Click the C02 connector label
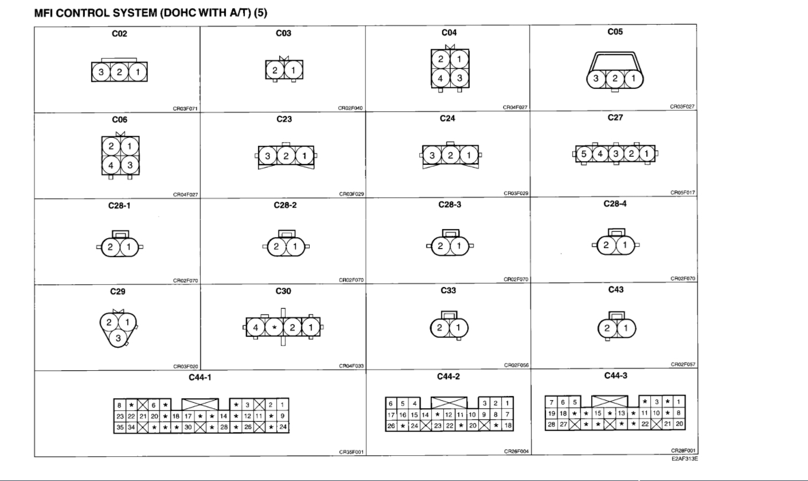[119, 34]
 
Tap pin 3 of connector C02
[101, 72]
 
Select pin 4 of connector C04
[440, 78]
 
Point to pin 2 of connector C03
[275, 71]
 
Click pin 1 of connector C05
[633, 79]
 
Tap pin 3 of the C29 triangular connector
[119, 338]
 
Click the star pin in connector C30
[274, 328]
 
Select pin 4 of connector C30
[256, 328]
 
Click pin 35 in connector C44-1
[120, 427]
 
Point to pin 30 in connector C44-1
[188, 427]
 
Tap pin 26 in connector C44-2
[391, 425]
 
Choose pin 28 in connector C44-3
[551, 424]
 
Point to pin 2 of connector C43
[607, 328]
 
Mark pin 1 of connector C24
[469, 155]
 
